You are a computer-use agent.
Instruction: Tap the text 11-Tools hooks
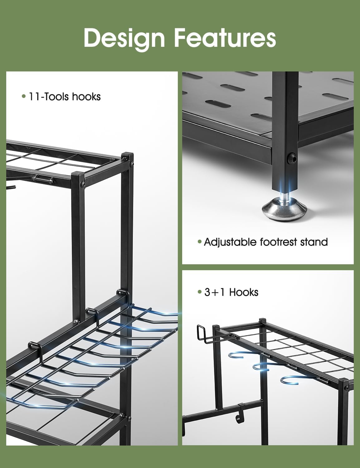(65, 97)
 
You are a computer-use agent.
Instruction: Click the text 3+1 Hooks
(231, 292)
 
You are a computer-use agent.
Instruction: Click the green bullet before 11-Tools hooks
(23, 97)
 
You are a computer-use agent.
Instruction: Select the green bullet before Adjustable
(200, 242)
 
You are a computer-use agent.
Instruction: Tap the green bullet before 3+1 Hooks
(200, 292)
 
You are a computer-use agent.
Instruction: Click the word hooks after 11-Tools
(86, 97)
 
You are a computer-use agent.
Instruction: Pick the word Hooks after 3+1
(244, 292)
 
